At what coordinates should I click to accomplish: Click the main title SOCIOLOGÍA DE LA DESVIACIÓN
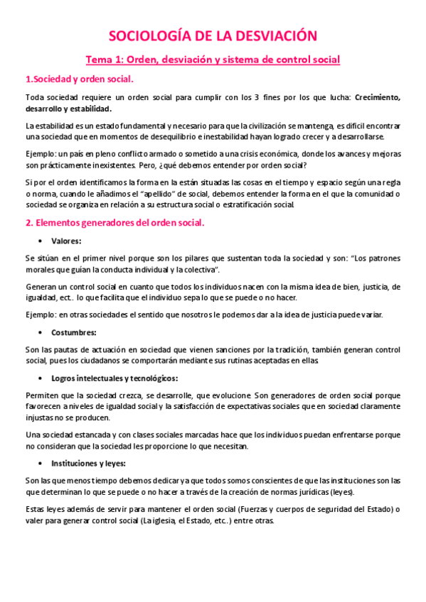[x=213, y=37]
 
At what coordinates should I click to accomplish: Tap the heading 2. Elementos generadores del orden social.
[x=115, y=223]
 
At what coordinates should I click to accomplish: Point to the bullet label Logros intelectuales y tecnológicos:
[x=115, y=378]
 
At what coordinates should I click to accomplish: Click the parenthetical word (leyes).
[x=344, y=491]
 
